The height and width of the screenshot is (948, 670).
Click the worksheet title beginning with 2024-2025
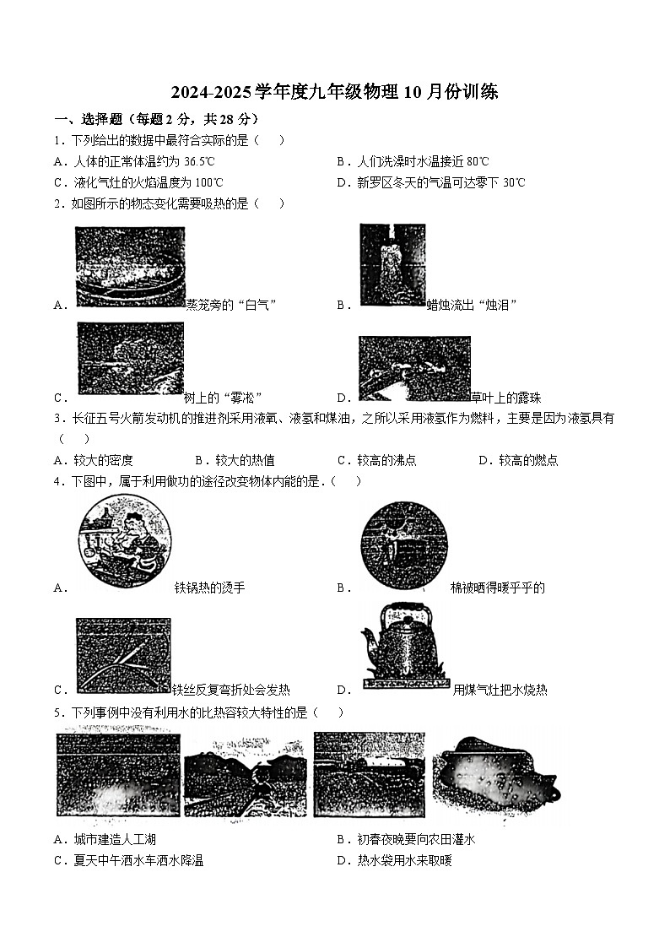click(x=334, y=92)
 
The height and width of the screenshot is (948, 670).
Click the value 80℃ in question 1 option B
click(x=477, y=161)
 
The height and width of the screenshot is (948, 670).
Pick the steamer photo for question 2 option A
click(x=130, y=266)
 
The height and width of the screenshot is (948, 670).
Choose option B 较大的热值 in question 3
click(x=244, y=460)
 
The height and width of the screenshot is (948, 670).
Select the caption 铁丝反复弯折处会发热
click(x=230, y=690)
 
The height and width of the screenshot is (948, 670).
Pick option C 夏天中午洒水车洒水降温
click(x=138, y=860)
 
